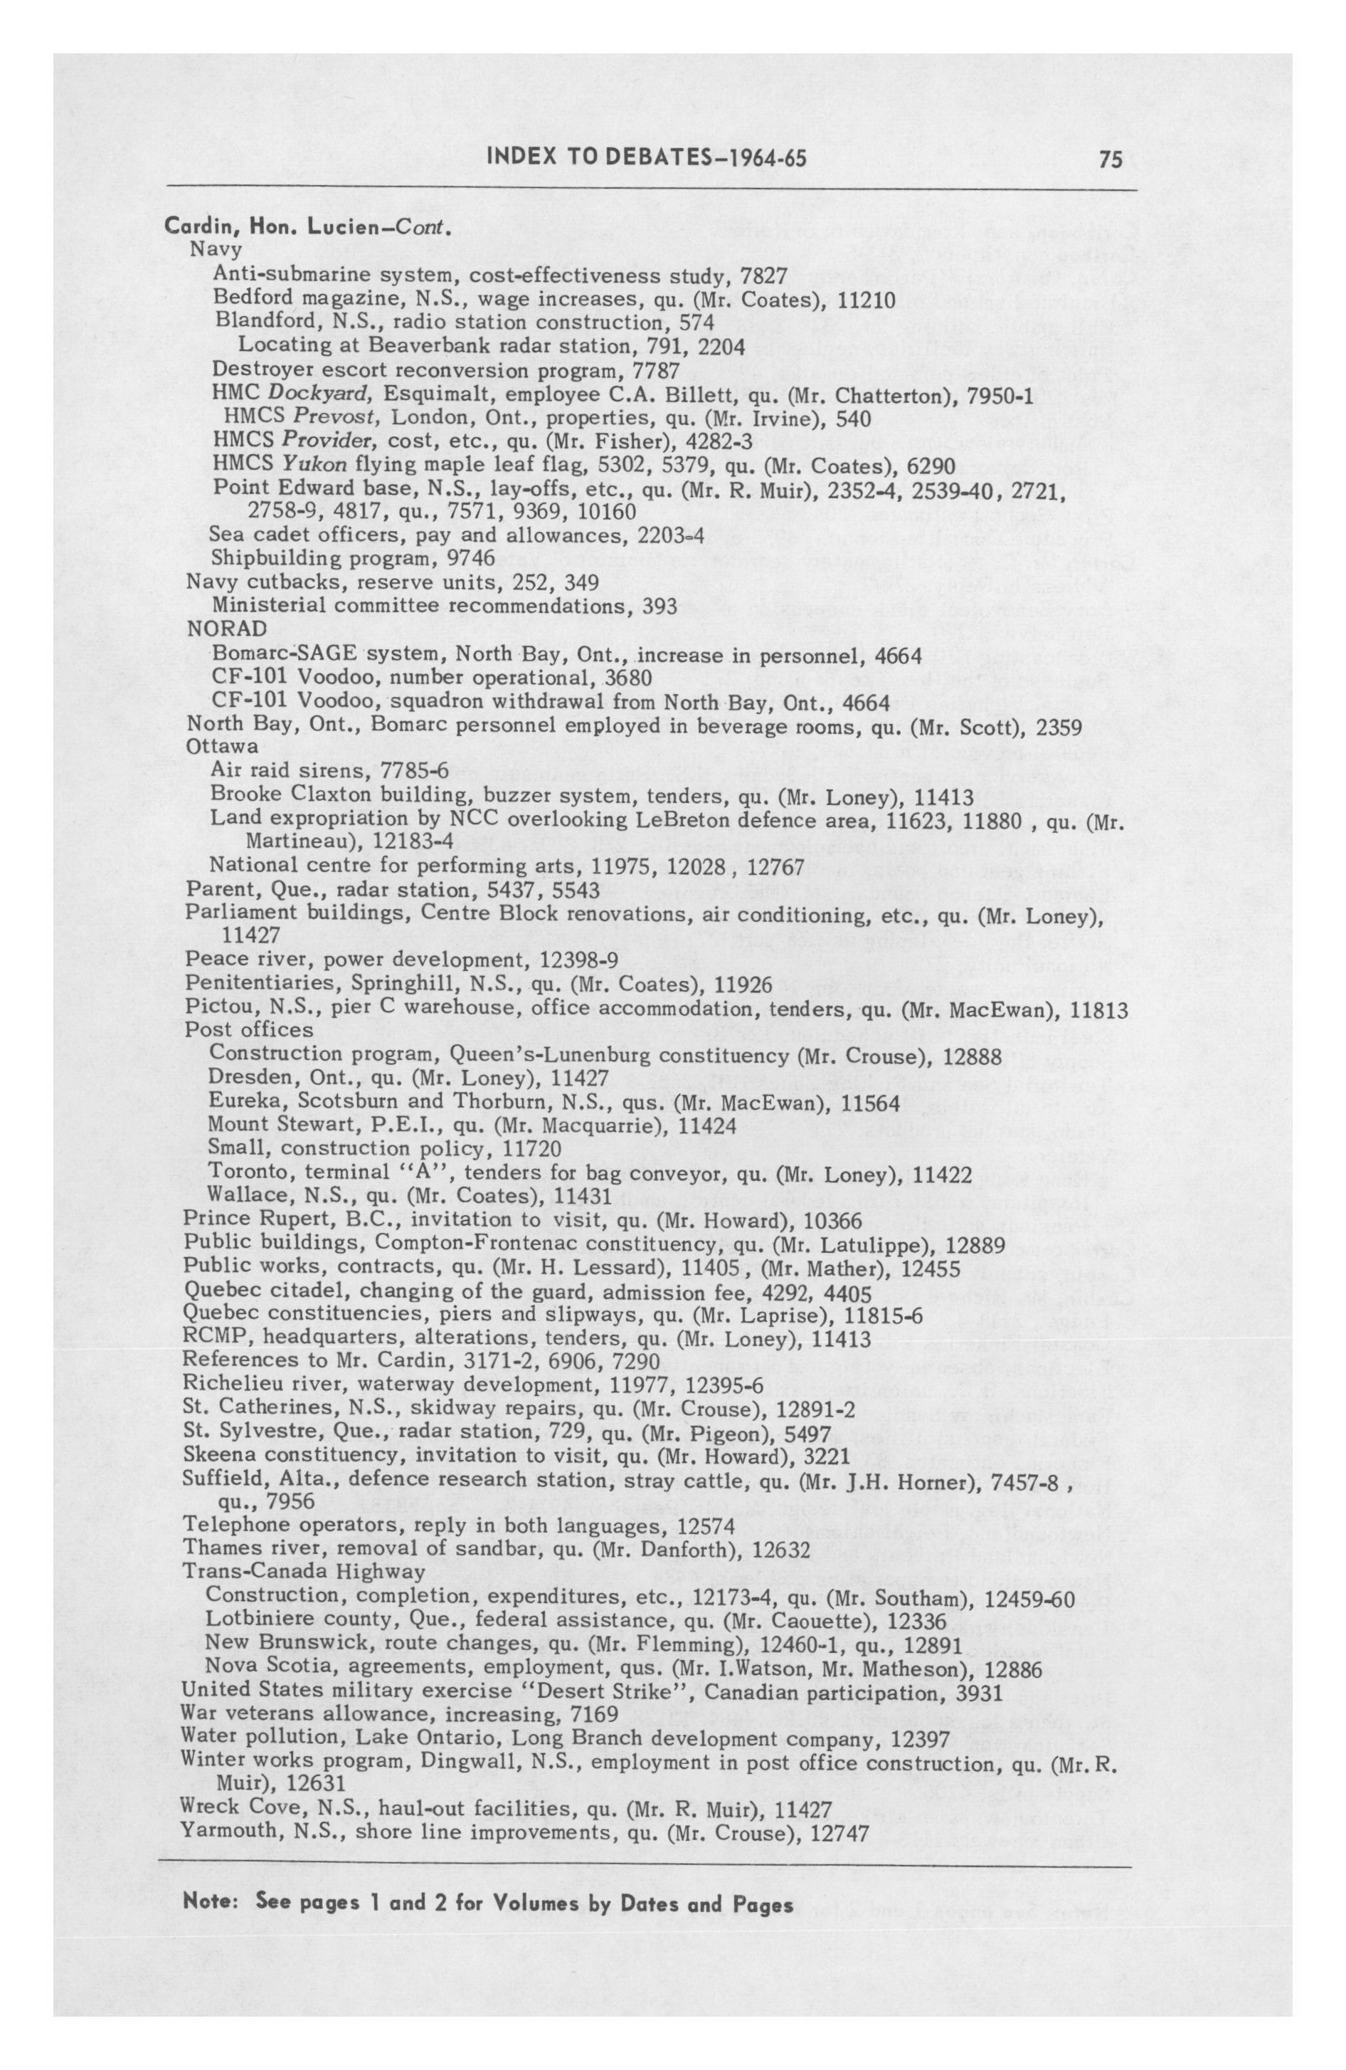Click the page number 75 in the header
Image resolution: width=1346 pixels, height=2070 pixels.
[1111, 159]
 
